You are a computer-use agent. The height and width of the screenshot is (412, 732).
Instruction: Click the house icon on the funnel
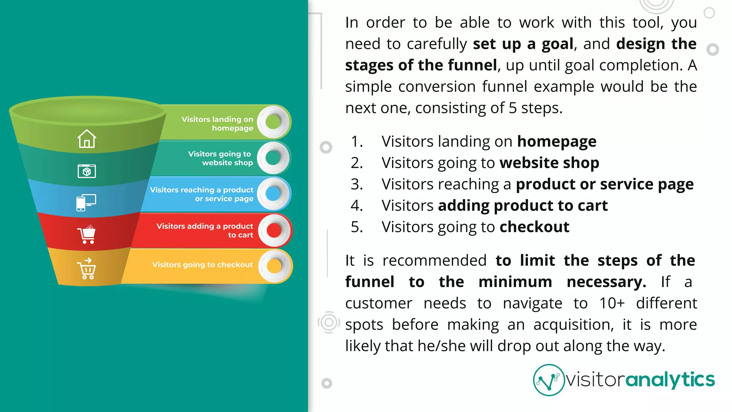coord(86,139)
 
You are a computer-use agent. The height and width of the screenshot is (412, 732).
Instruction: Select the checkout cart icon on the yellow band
coord(86,269)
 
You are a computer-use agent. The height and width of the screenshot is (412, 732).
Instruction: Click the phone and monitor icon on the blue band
coord(86,202)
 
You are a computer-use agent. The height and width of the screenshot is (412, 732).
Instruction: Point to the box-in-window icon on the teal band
coord(86,171)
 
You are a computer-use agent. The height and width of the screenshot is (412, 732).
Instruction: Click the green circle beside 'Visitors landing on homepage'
coord(273,122)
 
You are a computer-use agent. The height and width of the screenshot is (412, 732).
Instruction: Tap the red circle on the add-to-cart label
coord(274,230)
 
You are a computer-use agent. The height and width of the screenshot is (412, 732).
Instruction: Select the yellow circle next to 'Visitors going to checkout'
coord(274,266)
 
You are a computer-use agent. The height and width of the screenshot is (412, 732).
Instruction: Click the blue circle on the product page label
coord(273,194)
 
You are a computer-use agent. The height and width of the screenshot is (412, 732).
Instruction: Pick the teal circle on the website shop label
coord(273,158)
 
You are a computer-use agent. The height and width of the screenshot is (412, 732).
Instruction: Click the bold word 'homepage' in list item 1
coord(557,142)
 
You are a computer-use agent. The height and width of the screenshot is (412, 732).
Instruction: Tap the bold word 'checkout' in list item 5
coord(534,227)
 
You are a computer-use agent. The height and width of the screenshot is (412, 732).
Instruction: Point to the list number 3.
coord(356,184)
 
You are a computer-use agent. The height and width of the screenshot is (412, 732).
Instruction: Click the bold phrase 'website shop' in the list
coord(549,163)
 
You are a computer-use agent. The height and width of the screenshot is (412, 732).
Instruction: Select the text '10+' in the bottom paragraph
coord(612,303)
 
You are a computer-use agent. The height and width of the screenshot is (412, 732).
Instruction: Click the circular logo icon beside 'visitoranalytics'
coord(548,380)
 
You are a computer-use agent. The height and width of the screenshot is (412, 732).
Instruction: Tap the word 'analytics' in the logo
coord(670,380)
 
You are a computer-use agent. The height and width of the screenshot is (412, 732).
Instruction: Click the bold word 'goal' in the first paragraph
coord(557,44)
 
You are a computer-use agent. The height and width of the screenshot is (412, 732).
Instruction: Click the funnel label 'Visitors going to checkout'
coord(202,265)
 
